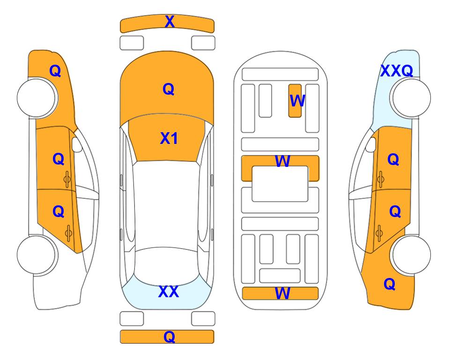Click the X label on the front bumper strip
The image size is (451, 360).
pos(170,22)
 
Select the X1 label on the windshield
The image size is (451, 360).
pos(169,138)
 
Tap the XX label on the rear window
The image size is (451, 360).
pos(169,292)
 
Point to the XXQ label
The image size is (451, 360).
pos(397,71)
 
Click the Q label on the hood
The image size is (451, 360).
pos(169,89)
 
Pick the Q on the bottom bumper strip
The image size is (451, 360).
pos(170,337)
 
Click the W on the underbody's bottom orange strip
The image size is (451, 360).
pos(282,293)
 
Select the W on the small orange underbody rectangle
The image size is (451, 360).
pos(297,101)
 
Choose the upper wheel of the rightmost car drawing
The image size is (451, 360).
pos(412,98)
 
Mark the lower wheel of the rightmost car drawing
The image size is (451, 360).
pos(412,255)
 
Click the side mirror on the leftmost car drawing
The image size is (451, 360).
pos(76,144)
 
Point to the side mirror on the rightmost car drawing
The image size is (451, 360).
pos(371,144)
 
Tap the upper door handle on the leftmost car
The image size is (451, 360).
pos(67,180)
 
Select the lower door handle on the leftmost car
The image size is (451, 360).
pos(68,233)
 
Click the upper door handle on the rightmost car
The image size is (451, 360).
pos(381,180)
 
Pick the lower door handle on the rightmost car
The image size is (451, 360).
pos(379,233)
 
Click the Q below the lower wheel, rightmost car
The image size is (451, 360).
pos(390,284)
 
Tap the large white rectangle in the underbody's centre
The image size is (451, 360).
pos(280,184)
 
